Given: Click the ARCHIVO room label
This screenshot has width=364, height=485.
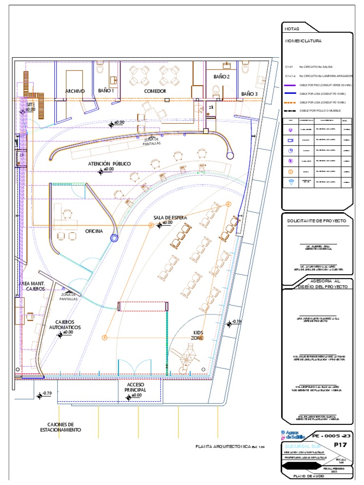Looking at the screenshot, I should [x=75, y=91].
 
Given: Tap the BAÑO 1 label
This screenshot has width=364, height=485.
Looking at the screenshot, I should [x=106, y=90].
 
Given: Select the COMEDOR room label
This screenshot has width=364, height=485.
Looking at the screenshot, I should [x=155, y=91].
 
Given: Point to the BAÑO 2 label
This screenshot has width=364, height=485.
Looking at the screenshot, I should [x=221, y=76].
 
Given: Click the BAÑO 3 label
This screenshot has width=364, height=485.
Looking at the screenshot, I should [x=249, y=94].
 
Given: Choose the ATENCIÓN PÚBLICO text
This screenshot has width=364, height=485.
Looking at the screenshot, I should [x=109, y=164].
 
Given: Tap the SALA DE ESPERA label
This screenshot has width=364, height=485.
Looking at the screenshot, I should [x=170, y=218].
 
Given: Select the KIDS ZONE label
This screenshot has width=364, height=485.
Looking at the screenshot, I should [x=197, y=335].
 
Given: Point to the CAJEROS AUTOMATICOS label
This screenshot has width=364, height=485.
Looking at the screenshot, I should [x=65, y=324].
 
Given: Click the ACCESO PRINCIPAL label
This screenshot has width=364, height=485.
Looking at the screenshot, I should [x=135, y=387].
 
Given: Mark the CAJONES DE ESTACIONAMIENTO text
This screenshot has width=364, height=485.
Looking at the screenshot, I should [x=61, y=427].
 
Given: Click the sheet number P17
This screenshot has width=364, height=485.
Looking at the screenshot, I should [x=341, y=445].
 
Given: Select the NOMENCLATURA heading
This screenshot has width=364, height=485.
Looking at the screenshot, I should [x=303, y=41].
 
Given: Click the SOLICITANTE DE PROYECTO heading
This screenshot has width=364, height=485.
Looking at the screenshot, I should [x=317, y=221].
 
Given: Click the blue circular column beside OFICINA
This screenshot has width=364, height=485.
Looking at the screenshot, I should [x=114, y=239].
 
